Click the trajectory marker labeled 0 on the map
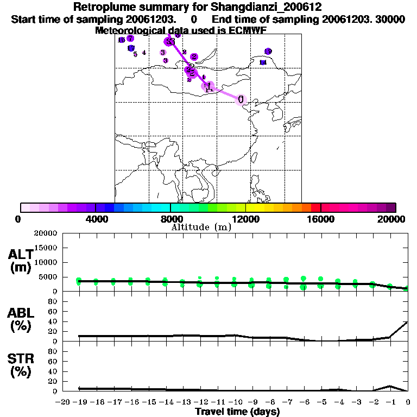coord(241,99)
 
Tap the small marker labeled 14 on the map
coord(263,62)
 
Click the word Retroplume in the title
coord(103,7)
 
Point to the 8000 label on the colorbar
coord(170,219)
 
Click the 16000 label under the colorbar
coord(320,219)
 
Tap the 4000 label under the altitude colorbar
coord(95,219)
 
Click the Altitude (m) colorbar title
coord(201,227)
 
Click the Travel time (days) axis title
coord(237,412)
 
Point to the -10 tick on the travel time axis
coord(235,403)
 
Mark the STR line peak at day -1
coord(390,386)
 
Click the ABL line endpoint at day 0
coord(408,321)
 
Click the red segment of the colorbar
coord(315,207)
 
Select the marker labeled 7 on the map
coord(130,38)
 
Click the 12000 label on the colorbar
coord(245,219)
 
